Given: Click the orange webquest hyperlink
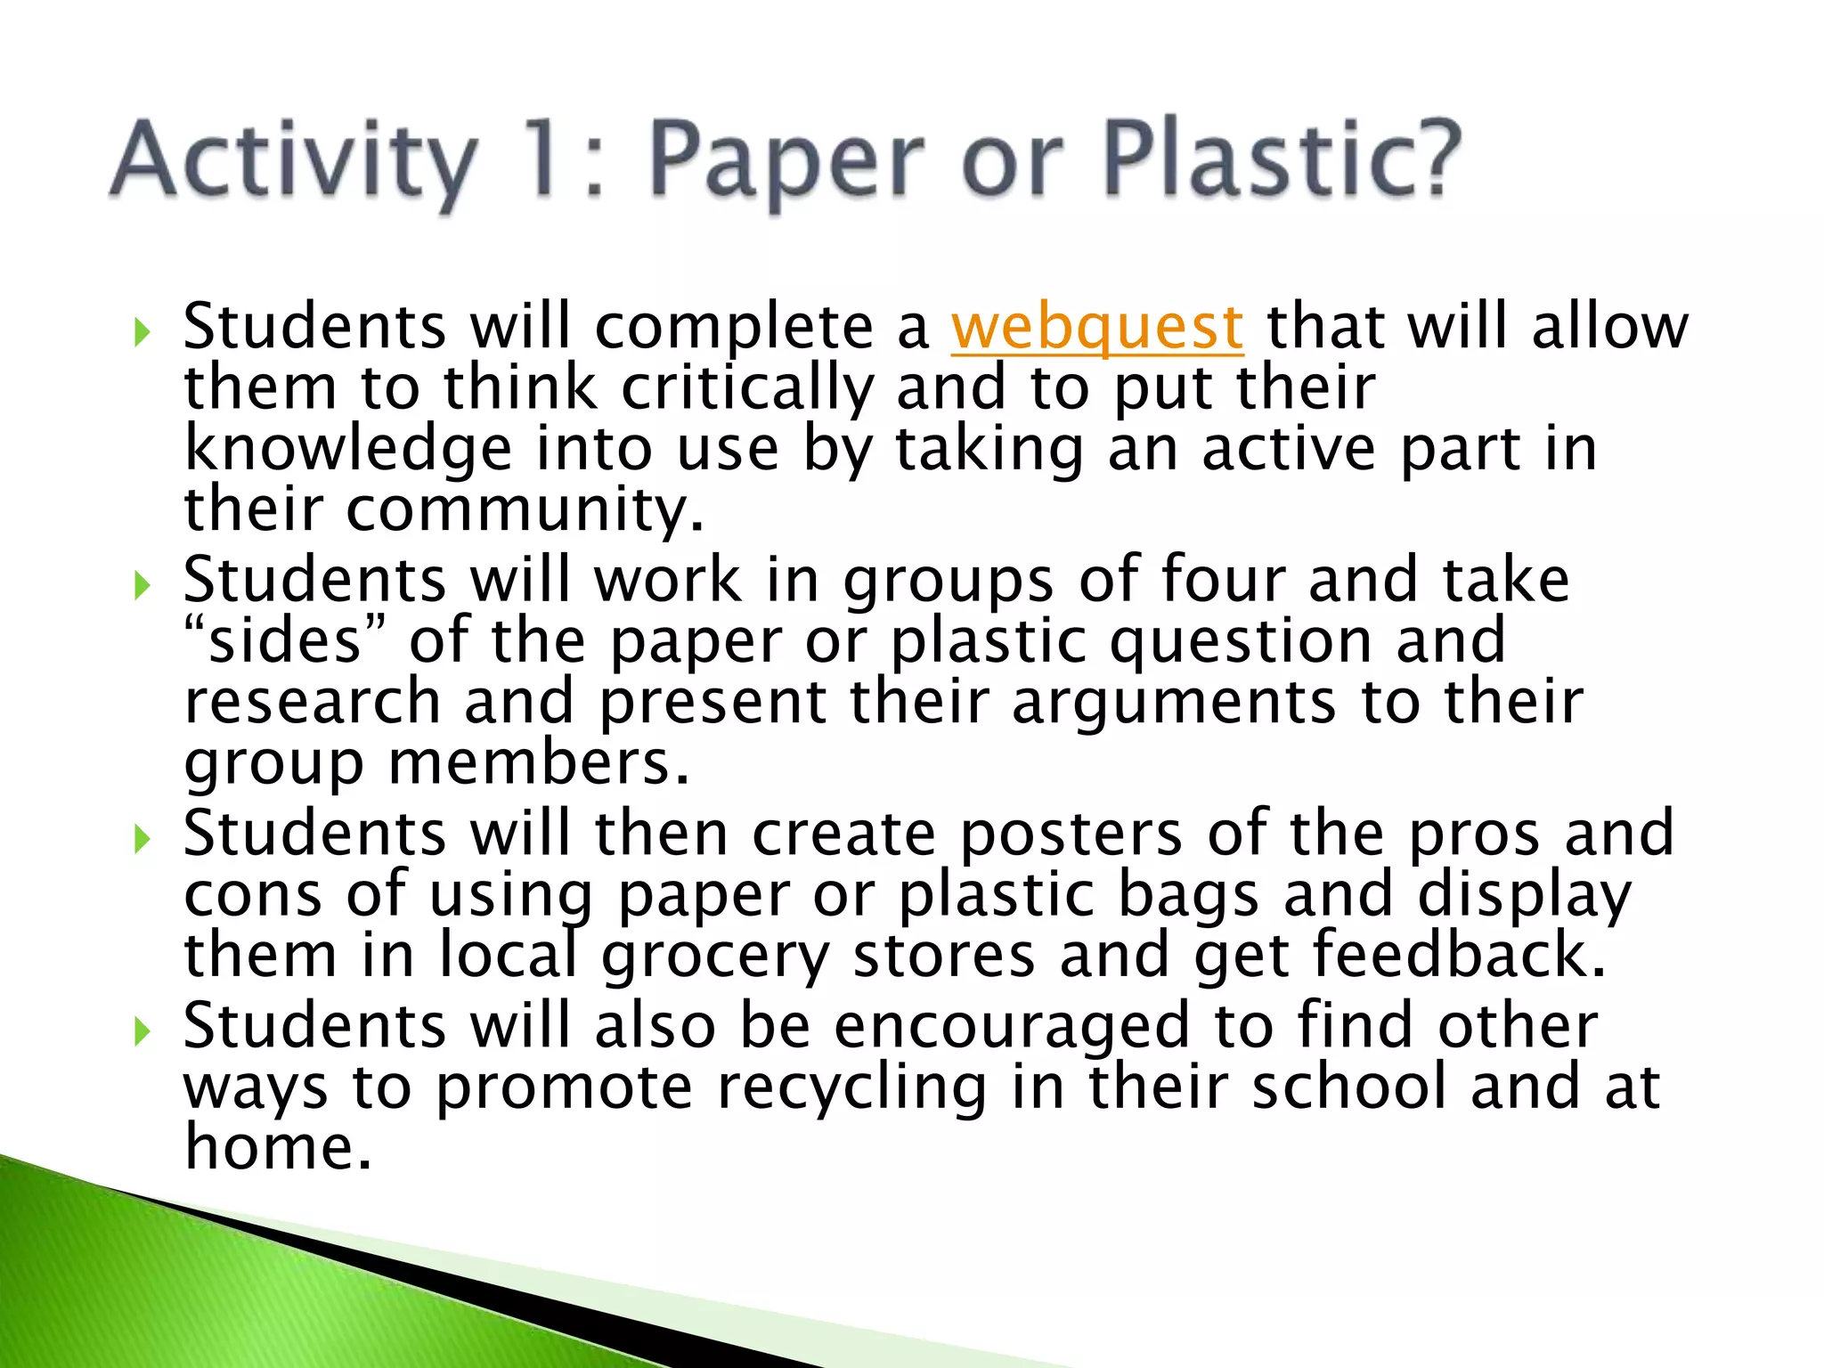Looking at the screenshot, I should pos(1096,328).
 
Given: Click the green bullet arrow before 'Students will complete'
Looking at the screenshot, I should pos(142,333).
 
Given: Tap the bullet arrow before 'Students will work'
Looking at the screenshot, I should pos(142,586).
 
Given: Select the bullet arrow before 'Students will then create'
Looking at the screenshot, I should pos(142,839).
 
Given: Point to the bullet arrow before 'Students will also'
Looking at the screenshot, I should pos(142,1031).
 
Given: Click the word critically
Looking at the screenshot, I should pos(747,389).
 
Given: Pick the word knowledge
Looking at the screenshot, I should pos(347,450).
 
